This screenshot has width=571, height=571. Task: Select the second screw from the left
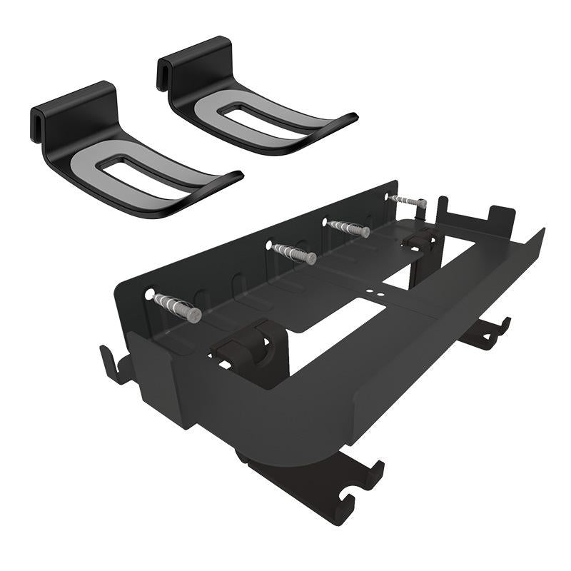tap(293, 253)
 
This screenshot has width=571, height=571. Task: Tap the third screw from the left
tap(348, 228)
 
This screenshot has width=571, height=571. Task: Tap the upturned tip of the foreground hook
tap(233, 176)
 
